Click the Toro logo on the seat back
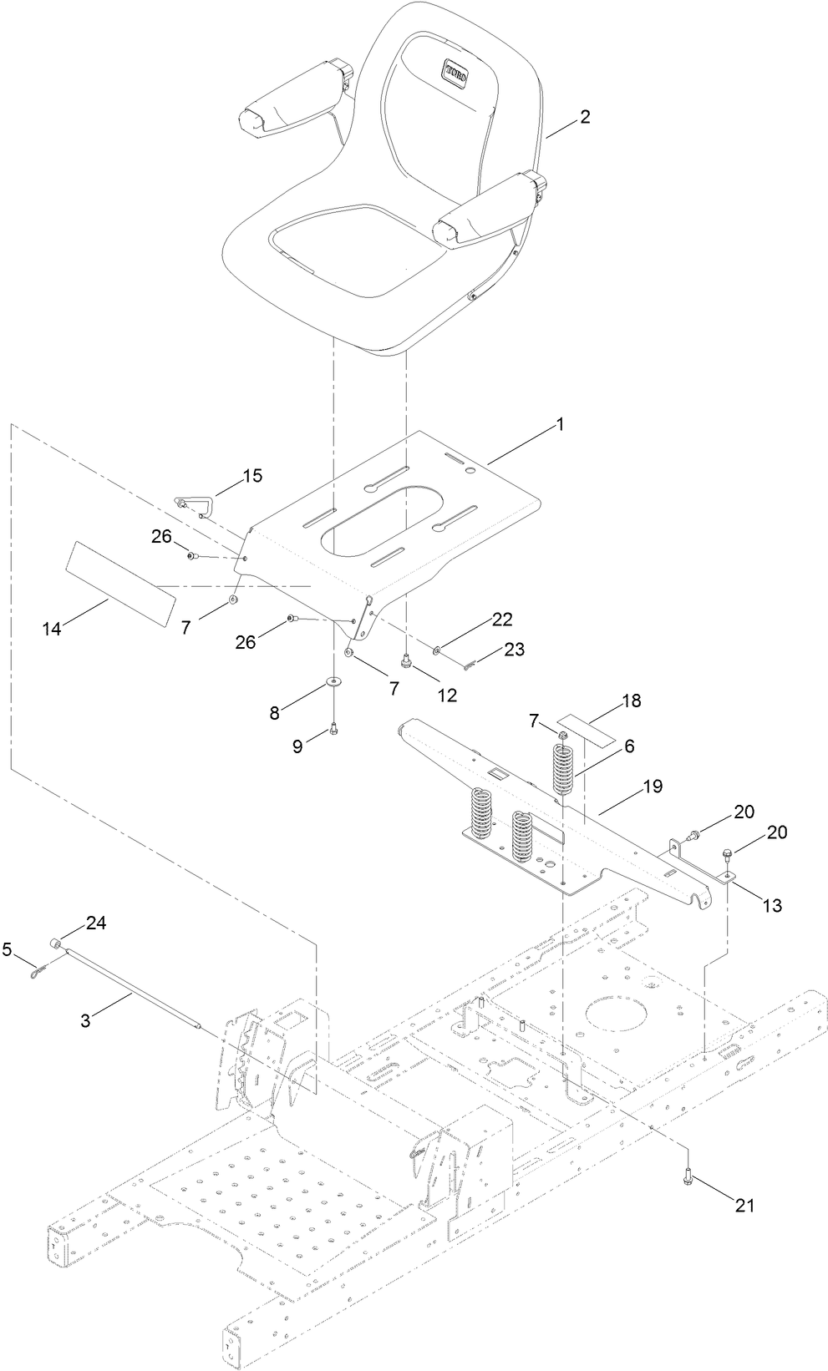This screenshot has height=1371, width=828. [455, 70]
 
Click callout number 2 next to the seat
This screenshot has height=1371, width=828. [585, 117]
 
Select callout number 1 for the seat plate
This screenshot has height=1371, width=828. [561, 425]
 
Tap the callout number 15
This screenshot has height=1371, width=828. [252, 476]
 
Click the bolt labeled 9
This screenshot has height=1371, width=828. [333, 730]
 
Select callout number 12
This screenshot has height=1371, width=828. [448, 695]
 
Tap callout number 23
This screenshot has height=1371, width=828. [515, 649]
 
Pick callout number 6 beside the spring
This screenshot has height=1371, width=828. [627, 746]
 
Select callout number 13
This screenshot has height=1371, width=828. [773, 904]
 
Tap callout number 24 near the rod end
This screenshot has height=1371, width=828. [96, 923]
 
